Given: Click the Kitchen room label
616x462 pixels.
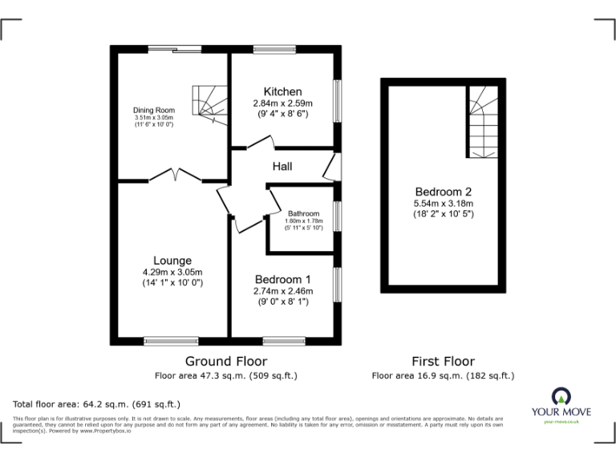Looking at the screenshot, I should coord(282,91).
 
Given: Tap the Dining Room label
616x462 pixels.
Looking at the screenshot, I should coord(154,110).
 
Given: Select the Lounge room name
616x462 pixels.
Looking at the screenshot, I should coord(172,261).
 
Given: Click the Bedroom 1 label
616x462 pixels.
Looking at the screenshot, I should coord(283,279).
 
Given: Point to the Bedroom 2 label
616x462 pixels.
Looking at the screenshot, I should coord(444,192).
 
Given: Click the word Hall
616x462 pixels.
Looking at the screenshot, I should coord(282,166).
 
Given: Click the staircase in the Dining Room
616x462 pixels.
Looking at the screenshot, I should coord(206,102).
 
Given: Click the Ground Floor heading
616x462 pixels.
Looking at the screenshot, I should coord(226,361).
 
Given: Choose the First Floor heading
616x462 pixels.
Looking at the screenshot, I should coord(443,361).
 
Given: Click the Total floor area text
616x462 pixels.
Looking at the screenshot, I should coord(97,404).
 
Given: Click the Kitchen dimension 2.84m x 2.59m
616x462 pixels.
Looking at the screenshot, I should coord(282,103).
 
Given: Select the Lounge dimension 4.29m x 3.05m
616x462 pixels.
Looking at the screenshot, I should coord(172,272).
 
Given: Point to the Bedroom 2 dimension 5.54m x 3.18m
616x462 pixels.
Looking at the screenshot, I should coord(444,204).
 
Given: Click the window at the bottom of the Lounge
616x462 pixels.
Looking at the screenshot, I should coord(171,341).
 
